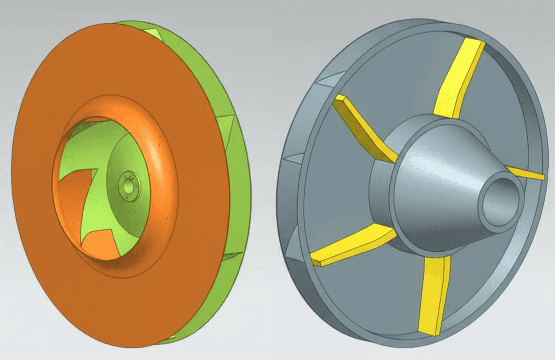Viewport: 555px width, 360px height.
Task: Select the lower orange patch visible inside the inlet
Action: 101,243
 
